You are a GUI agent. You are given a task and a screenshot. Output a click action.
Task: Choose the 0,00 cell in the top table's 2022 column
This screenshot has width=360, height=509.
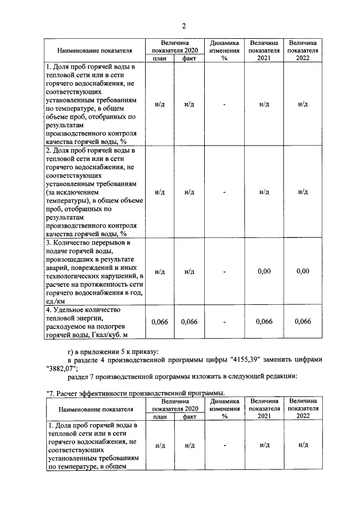303,272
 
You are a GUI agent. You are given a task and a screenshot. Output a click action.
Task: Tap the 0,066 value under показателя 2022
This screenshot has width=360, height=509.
303,322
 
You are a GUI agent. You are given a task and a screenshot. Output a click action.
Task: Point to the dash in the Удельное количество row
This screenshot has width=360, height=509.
224,322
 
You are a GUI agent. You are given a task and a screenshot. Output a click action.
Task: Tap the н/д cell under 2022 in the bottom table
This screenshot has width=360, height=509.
303,444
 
